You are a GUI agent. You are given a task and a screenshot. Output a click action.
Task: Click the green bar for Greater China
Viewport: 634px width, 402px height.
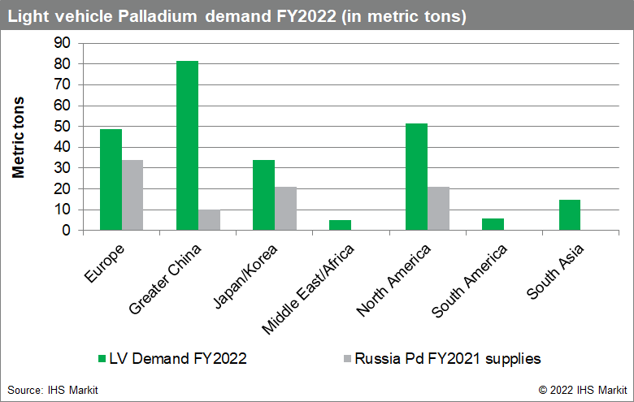(188, 146)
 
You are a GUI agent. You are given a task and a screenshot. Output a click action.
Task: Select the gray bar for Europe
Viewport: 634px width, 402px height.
(132, 195)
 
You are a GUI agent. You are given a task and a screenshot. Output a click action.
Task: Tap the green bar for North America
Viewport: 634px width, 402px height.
(417, 177)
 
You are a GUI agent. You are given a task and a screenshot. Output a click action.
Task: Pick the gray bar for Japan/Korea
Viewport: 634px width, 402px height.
(285, 209)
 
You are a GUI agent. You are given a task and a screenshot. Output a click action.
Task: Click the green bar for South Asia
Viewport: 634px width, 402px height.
(569, 215)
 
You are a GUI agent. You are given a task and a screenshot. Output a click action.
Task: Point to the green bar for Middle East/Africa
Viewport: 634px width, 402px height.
(341, 225)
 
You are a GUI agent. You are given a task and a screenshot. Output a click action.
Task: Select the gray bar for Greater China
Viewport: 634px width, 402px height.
(209, 220)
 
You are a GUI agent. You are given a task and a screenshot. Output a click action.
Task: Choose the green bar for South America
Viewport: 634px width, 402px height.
(493, 224)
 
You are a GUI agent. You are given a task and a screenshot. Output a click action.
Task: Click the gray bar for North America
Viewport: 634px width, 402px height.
(438, 209)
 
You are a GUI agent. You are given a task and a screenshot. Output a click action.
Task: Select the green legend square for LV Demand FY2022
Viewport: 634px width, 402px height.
(101, 358)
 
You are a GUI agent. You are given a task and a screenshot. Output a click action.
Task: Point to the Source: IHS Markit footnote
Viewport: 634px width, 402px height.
(53, 391)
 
